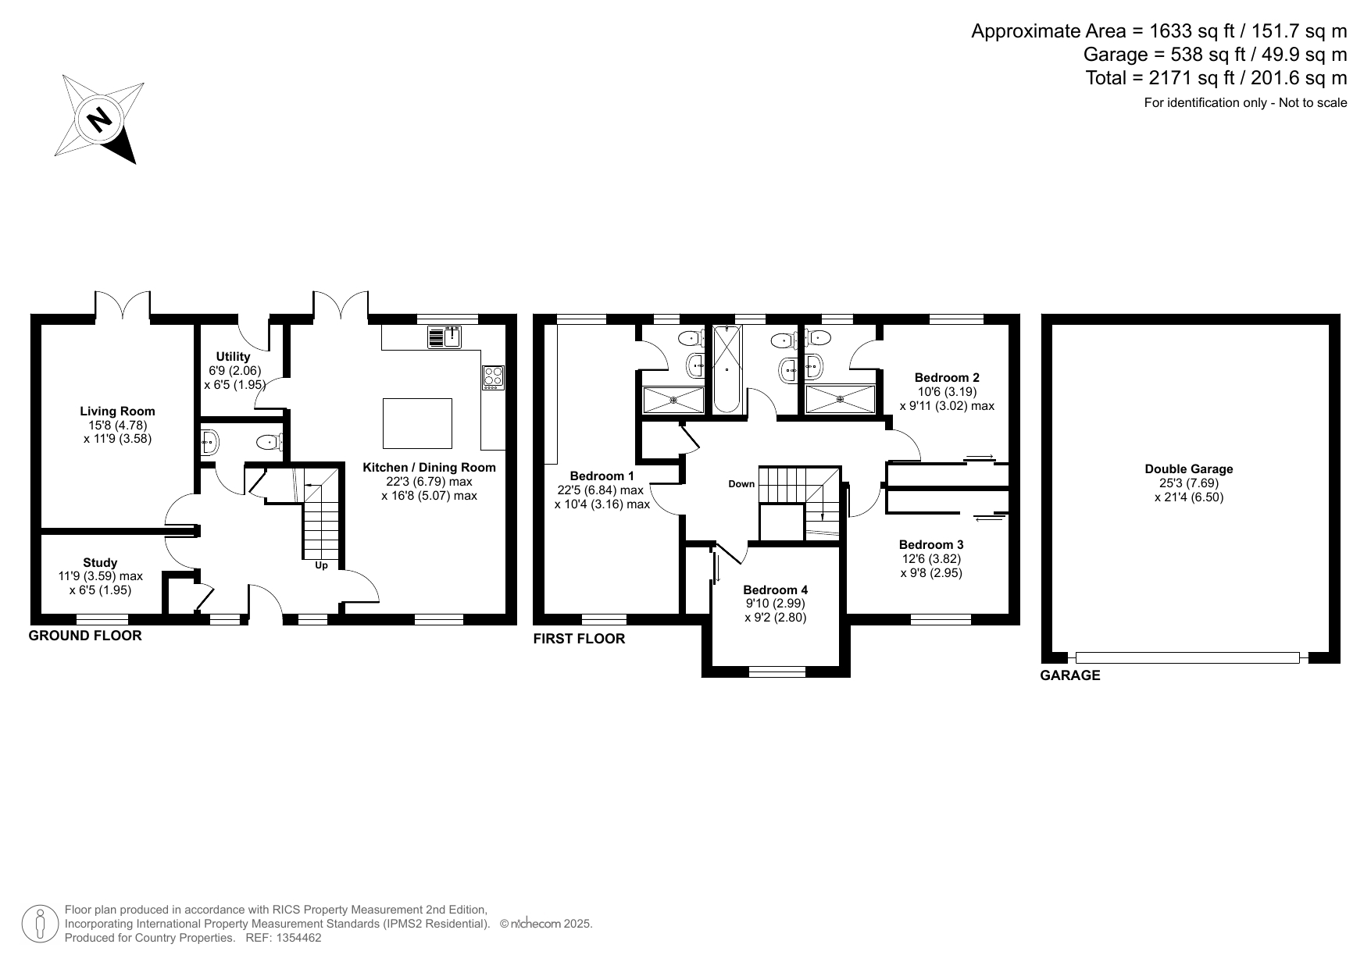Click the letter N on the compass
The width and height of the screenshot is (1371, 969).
point(98,119)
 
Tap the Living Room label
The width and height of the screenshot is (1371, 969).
point(117,411)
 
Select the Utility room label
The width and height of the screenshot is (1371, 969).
point(233,357)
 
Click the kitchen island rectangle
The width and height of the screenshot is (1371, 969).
point(417,423)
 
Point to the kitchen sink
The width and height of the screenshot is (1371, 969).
point(445,337)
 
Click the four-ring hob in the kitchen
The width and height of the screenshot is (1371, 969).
point(493,377)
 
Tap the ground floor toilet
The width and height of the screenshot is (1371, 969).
point(269,443)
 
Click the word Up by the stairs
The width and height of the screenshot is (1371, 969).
point(321,565)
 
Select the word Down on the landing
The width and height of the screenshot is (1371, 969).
point(741,484)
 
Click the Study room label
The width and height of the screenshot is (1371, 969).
point(100,562)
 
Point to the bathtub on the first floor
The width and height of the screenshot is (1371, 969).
point(727,369)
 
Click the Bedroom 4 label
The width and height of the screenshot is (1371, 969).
point(775,590)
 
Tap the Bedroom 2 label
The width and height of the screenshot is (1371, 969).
point(947,378)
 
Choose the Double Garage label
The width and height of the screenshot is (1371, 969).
point(1189,469)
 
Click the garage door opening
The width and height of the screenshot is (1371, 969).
point(1187,658)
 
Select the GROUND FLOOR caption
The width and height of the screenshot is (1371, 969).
point(85,636)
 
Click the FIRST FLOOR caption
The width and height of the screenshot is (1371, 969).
point(579,639)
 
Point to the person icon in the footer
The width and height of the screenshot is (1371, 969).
point(40,924)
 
